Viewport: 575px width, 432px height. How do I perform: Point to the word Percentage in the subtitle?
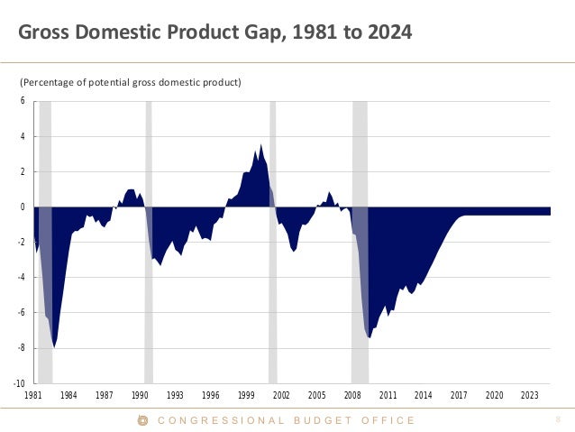point(54,83)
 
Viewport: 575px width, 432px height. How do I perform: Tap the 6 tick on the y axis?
point(23,101)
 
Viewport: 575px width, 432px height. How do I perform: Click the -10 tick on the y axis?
point(20,383)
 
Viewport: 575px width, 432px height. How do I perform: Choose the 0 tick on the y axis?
point(23,207)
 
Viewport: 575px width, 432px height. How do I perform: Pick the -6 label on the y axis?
point(22,313)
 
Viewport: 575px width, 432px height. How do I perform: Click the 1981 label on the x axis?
point(33,395)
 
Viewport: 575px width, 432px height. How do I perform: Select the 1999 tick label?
point(246,395)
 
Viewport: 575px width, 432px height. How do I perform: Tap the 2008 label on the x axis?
point(352,395)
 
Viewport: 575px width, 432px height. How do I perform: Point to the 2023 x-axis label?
point(530,395)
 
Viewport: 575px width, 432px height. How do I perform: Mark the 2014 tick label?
point(424,395)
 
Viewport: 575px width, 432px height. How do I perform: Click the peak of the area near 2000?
point(261,145)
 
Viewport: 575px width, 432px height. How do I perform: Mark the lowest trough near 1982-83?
point(55,346)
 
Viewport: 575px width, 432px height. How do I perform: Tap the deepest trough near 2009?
point(369,337)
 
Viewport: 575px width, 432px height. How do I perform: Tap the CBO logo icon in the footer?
point(141,420)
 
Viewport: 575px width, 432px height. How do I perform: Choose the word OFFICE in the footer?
point(388,420)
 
